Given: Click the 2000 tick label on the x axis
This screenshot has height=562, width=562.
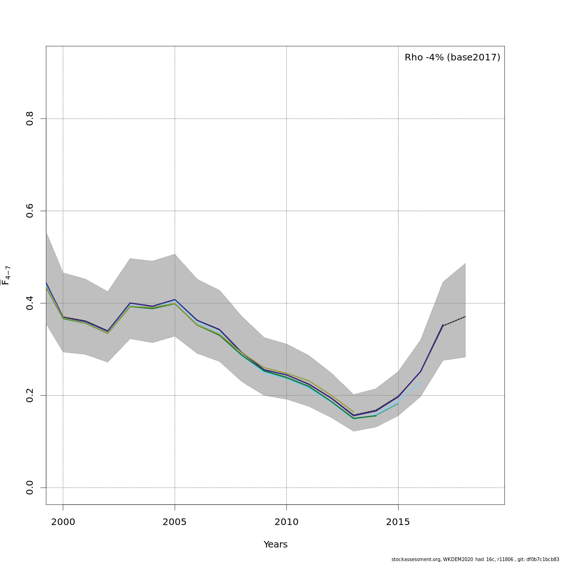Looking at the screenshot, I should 63,522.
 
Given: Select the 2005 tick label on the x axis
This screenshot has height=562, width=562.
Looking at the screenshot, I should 175,522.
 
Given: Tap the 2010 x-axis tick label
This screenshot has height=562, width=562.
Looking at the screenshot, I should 286,522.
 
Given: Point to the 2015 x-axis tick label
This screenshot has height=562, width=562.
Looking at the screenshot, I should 398,522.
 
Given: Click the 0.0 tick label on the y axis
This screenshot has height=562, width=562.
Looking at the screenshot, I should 30,488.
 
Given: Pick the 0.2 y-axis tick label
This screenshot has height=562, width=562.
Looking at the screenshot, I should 30,395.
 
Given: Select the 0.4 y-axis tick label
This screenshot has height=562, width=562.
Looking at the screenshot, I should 30,303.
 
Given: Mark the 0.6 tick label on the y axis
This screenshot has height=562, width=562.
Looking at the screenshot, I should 30,211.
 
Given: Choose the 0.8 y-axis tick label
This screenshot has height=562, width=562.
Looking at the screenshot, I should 30,118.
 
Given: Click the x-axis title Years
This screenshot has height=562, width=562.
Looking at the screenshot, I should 275,545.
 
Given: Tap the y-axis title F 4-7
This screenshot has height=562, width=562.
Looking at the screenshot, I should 7,275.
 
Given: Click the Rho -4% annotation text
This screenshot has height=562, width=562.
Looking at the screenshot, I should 424,58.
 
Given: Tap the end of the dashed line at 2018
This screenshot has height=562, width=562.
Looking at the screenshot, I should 465,317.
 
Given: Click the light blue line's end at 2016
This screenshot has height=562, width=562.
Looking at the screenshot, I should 421,383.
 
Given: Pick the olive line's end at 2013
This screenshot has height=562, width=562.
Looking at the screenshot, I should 353,412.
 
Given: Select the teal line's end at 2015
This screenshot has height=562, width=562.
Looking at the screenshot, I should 398,403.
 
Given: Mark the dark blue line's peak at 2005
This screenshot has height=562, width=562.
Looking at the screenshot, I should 175,299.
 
